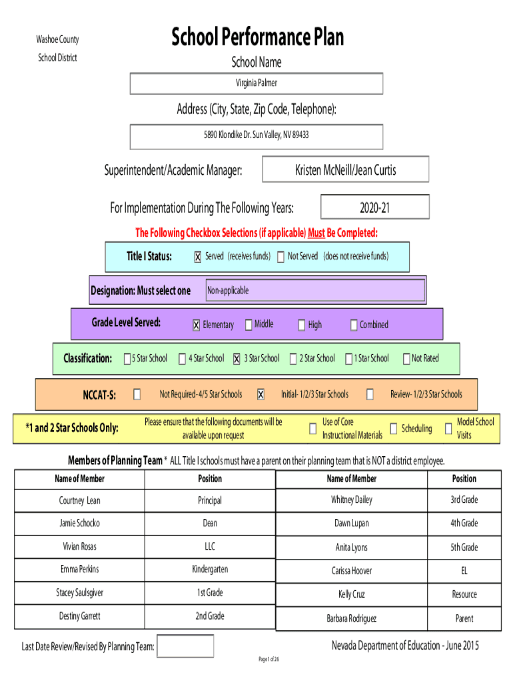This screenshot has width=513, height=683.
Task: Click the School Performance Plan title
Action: [x=257, y=37]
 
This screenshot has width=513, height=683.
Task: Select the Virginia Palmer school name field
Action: [x=256, y=83]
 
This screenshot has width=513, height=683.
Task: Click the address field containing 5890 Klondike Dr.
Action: [x=256, y=137]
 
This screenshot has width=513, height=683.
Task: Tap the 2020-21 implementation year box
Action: [x=374, y=207]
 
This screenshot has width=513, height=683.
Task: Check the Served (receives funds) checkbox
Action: [x=198, y=257]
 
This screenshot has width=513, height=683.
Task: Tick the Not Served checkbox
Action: [x=281, y=257]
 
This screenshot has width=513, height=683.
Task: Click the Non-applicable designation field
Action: [x=315, y=290]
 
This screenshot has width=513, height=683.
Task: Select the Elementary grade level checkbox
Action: [x=197, y=325]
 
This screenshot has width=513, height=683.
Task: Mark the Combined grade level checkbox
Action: [x=354, y=325]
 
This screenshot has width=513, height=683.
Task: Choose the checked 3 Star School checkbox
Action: [x=237, y=358]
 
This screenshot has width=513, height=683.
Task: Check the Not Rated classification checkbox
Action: [x=406, y=358]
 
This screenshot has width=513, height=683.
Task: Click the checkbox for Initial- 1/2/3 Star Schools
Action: [x=260, y=394]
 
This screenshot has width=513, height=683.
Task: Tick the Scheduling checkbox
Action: [x=393, y=429]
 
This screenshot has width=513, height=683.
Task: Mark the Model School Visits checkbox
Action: [x=448, y=429]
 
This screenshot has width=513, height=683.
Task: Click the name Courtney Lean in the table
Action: [x=80, y=500]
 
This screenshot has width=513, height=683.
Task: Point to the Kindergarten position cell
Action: [x=210, y=570]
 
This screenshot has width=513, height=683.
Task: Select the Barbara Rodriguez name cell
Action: [x=352, y=618]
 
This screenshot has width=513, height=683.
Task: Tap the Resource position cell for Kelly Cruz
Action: [x=464, y=594]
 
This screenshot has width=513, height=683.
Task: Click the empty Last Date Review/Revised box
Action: [x=185, y=646]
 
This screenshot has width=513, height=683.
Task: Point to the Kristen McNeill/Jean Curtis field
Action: [x=346, y=169]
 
